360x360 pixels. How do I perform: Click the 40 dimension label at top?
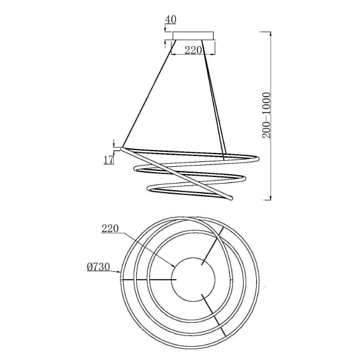[x=170, y=20]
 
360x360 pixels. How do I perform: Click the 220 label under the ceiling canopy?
[x=193, y=50]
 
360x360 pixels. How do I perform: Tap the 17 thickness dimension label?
[x=109, y=160]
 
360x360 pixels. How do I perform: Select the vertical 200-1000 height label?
[x=266, y=115]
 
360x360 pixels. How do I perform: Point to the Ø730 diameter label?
[x=98, y=267]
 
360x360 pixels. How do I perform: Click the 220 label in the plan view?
[x=110, y=229]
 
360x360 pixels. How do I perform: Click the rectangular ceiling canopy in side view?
[x=193, y=36]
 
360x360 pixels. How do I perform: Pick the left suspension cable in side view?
[x=149, y=94]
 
